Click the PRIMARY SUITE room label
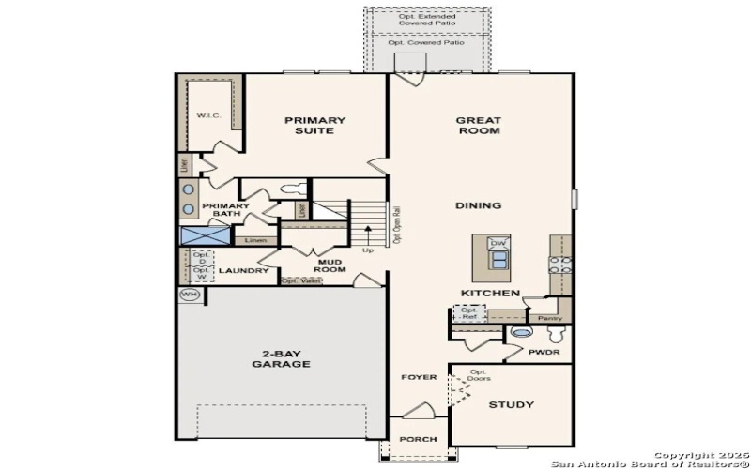click(x=315, y=126)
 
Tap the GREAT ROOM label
click(x=478, y=126)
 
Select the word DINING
click(x=478, y=205)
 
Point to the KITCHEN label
click(x=490, y=294)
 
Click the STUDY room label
click(x=512, y=405)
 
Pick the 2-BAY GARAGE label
click(x=281, y=358)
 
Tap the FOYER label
click(x=420, y=377)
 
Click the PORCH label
click(x=419, y=439)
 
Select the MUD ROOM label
click(x=330, y=265)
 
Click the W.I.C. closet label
click(x=207, y=115)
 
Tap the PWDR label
click(x=544, y=354)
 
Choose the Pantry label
click(x=550, y=318)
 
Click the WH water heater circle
click(x=190, y=295)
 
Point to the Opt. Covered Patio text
click(x=428, y=42)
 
